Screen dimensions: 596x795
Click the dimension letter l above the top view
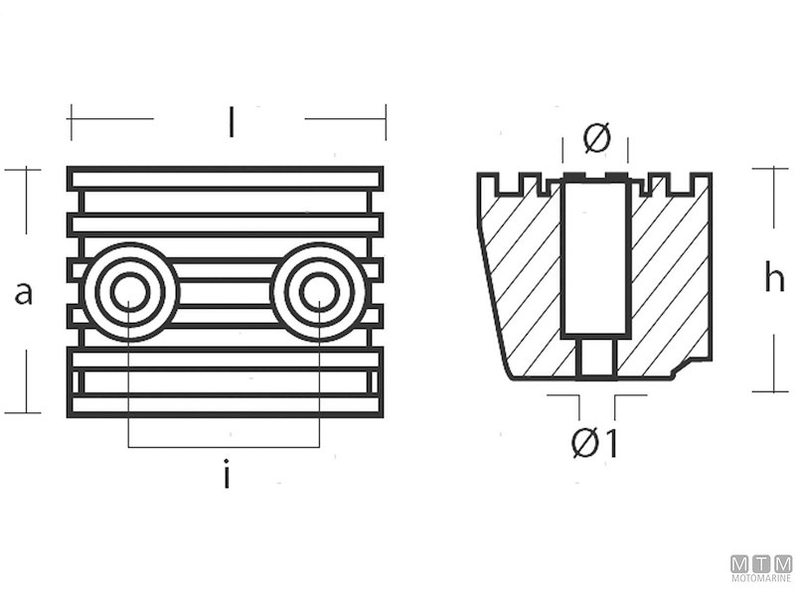231,122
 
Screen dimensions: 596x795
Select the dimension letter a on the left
26,292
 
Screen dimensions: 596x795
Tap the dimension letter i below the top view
227,477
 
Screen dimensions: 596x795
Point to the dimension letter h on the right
774,279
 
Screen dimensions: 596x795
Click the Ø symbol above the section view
596,139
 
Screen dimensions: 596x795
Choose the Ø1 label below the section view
596,444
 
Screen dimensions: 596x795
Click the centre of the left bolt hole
129,292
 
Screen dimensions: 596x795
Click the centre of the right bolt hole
319,292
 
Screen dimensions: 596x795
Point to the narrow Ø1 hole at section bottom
594,357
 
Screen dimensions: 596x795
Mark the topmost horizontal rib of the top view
226,178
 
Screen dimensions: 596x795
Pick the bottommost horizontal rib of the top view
226,405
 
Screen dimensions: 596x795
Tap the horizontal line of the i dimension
225,447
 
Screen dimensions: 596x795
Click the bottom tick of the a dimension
23,411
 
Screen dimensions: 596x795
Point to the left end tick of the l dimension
71,120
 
